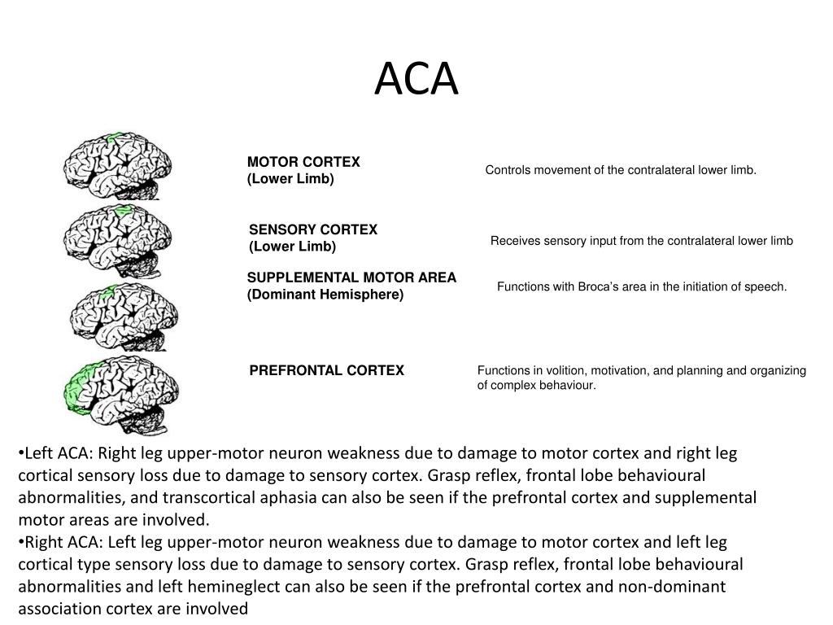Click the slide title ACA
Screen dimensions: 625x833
416,80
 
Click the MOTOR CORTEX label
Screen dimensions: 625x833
303,162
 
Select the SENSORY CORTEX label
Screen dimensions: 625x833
313,229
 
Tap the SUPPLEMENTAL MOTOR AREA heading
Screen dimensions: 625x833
351,278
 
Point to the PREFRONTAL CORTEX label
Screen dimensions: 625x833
326,370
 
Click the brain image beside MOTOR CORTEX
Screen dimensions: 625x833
118,167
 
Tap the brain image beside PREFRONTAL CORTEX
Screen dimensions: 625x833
122,392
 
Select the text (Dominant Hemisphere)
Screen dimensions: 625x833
325,295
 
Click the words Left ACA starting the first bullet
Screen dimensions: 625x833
55,453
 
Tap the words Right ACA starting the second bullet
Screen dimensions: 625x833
59,542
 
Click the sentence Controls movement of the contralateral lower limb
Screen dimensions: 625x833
621,170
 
